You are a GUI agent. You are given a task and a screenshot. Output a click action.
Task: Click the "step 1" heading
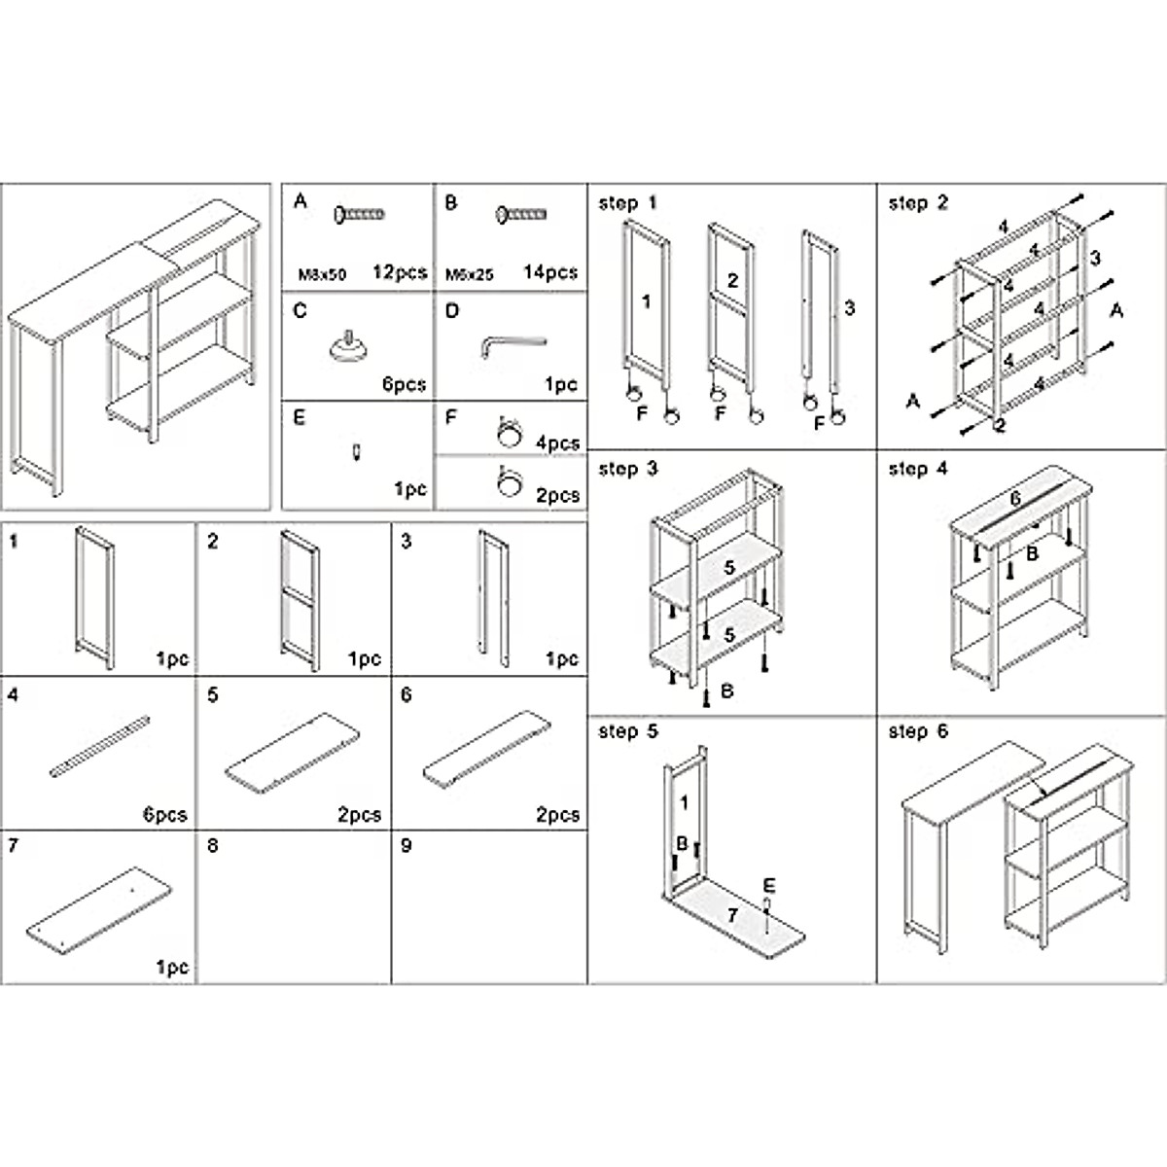(x=627, y=203)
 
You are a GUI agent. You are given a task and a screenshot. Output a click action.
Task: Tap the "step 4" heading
(x=917, y=469)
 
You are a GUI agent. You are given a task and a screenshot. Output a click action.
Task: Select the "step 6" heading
(x=917, y=731)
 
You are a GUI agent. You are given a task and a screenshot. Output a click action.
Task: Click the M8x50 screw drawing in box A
(x=360, y=214)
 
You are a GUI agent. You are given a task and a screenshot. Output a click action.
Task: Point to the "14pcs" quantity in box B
(x=549, y=272)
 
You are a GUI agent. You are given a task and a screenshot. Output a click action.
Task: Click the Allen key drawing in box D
(x=513, y=343)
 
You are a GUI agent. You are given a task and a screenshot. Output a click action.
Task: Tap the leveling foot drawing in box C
(x=347, y=347)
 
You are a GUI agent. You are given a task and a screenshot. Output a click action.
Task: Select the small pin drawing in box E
(x=357, y=451)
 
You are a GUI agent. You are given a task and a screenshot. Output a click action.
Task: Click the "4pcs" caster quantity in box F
(x=557, y=442)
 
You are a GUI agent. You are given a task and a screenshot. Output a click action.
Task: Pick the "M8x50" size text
(x=321, y=274)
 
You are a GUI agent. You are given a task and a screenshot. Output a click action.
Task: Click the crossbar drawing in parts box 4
(x=100, y=746)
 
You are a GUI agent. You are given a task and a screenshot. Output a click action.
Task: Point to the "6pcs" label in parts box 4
(x=164, y=815)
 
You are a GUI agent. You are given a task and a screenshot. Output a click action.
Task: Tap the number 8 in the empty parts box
(x=213, y=846)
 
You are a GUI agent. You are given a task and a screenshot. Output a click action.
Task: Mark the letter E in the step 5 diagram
(x=768, y=885)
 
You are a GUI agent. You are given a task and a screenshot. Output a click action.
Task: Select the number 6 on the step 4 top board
(x=1014, y=498)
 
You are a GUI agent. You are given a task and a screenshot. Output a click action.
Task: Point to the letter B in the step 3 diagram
(x=726, y=692)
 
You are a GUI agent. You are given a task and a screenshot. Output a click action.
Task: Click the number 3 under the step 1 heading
(x=849, y=308)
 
